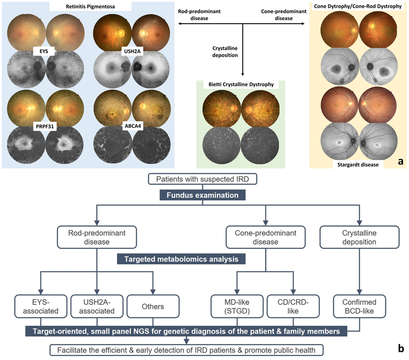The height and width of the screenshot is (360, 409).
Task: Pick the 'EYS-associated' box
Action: tap(41, 306)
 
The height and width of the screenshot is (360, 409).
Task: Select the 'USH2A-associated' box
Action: tap(96, 306)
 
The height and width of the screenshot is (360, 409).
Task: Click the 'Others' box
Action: tap(152, 306)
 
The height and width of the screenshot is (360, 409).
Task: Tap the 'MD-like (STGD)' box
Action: tap(236, 306)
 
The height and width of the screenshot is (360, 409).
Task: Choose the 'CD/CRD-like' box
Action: tap(294, 306)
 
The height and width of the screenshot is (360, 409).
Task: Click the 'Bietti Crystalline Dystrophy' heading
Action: tap(241, 85)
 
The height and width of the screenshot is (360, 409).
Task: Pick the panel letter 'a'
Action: tap(400, 161)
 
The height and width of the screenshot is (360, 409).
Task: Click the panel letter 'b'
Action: tap(400, 349)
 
